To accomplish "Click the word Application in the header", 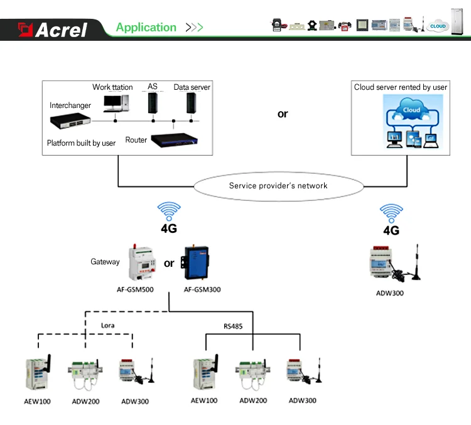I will pos(146,28).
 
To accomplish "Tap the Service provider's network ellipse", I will pos(278,186).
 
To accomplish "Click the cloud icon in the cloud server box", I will pos(412,110).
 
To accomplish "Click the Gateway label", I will pos(105,262).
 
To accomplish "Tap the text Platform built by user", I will pos(81,143).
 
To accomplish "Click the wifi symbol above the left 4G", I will pos(168,211).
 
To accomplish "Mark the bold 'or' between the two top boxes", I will pos(283,114).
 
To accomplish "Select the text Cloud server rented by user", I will pos(401,87).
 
